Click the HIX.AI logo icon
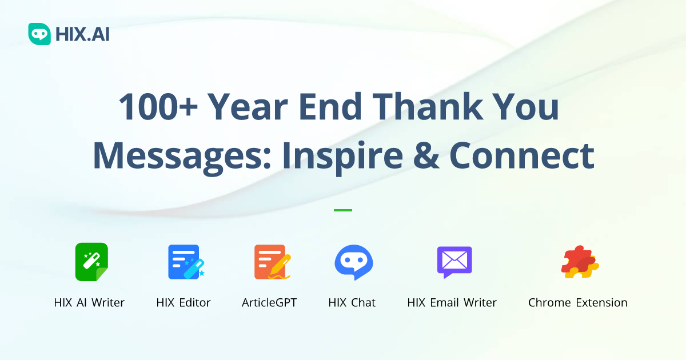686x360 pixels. pos(39,34)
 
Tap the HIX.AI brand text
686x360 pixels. pos(82,35)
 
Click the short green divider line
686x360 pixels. pos(343,210)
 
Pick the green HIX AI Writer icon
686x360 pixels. pos(91,262)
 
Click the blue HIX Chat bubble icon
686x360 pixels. pos(353,262)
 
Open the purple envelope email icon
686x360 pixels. pos(454,262)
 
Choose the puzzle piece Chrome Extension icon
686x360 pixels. pos(579,262)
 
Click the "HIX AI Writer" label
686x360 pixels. pos(89,303)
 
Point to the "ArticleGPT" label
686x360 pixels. pos(269,303)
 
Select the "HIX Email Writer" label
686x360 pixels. pos(452,303)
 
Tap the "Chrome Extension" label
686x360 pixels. pos(577,303)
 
